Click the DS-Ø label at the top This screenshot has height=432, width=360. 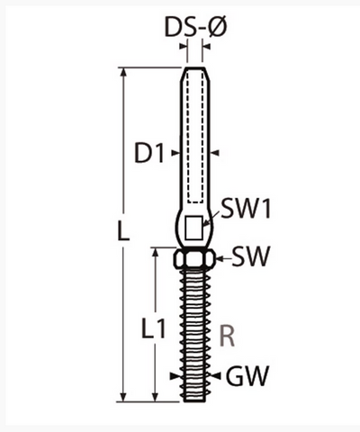point(195,29)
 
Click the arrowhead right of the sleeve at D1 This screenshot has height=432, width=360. point(216,153)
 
